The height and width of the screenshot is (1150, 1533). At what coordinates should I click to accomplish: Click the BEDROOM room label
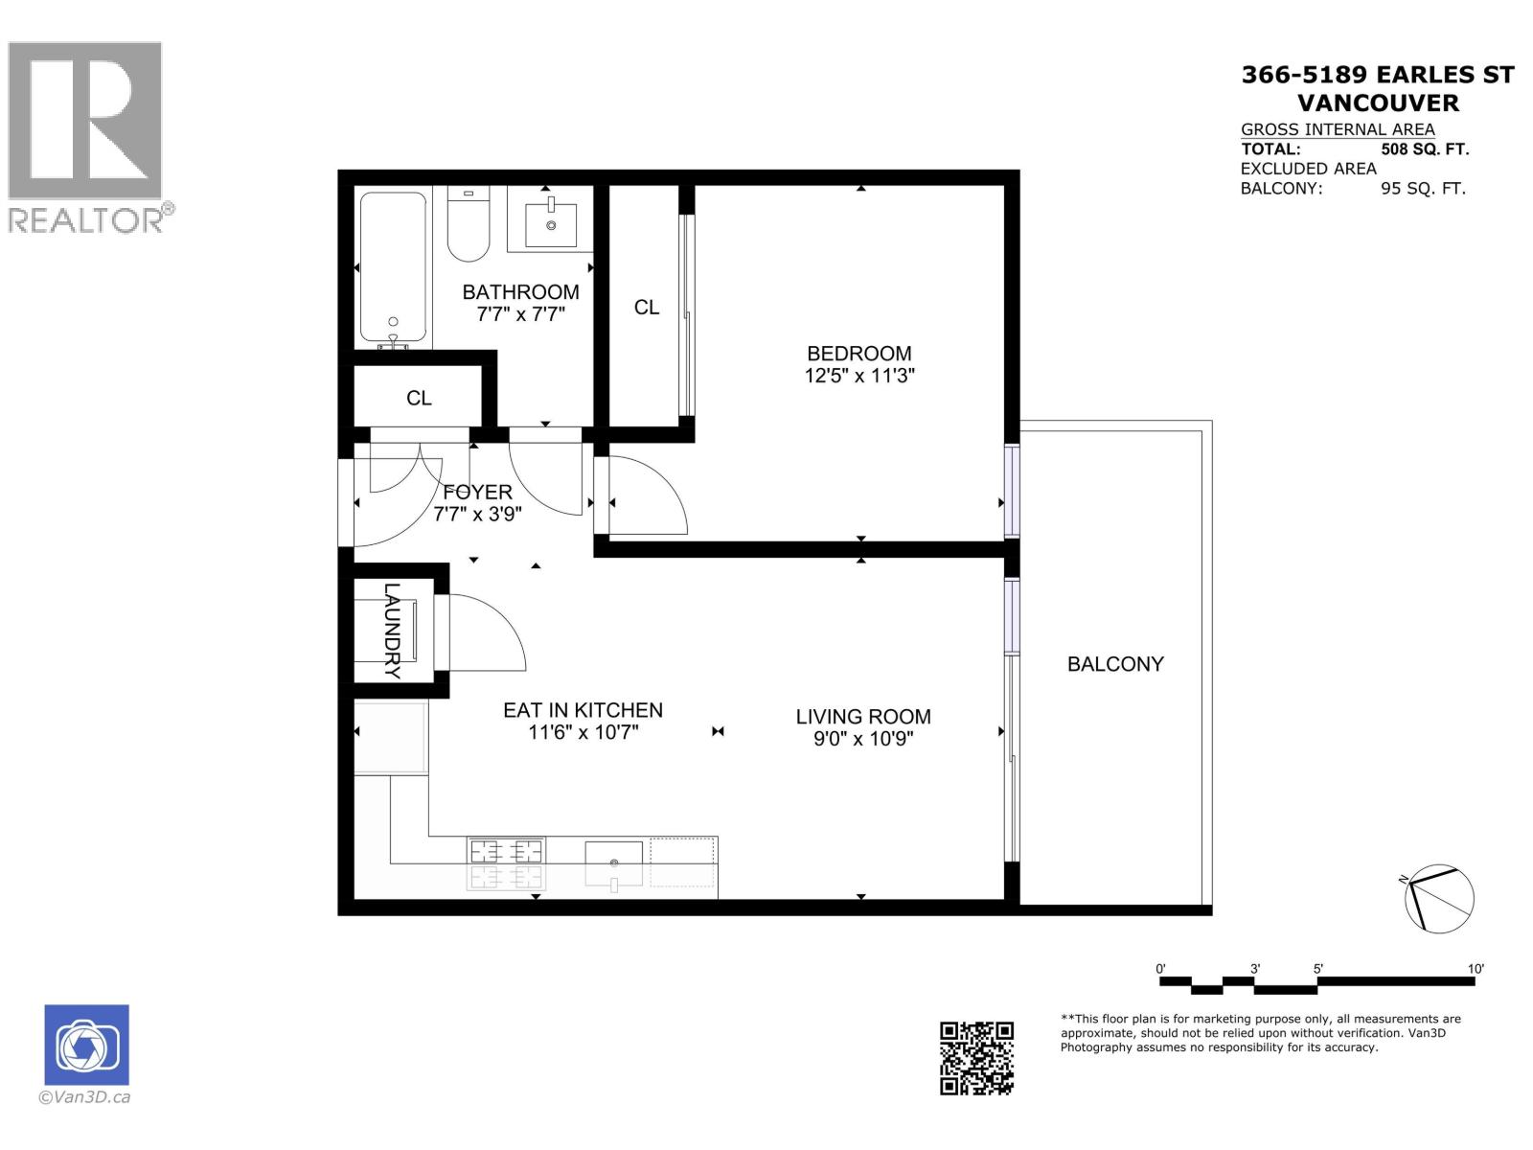[x=858, y=354]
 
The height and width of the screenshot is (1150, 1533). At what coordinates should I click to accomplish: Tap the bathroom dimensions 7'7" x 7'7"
[x=520, y=314]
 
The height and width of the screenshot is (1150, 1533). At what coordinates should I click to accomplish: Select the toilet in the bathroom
[x=469, y=226]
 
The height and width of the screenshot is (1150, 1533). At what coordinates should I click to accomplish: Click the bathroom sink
[x=551, y=218]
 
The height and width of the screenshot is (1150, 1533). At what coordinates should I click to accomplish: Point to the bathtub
[x=392, y=270]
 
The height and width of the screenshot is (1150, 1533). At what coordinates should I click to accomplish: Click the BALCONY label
[x=1115, y=664]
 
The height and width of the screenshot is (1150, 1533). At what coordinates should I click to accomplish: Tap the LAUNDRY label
[x=392, y=631]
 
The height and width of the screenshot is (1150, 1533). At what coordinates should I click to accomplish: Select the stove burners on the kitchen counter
[x=506, y=862]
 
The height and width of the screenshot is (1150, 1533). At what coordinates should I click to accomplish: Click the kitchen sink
[x=613, y=862]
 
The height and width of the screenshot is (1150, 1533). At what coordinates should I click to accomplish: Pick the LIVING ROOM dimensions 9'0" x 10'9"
[x=862, y=739]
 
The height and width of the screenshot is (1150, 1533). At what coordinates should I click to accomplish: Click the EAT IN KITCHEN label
[x=583, y=710]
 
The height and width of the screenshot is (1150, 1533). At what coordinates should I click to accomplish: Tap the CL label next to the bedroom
[x=647, y=307]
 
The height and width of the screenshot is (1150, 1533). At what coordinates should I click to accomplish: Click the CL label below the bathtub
[x=419, y=398]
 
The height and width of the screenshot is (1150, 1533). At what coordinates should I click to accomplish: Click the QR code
[x=976, y=1058]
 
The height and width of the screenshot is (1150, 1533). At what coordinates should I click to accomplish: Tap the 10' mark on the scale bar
[x=1476, y=969]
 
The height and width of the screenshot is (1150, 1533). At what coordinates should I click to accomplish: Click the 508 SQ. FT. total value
[x=1424, y=149]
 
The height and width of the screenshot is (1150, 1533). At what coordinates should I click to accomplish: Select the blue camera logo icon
[x=86, y=1045]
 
